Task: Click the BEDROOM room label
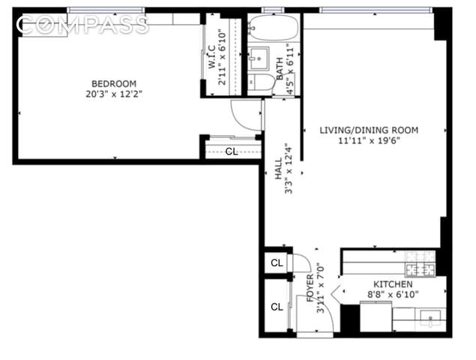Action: (x=114, y=83)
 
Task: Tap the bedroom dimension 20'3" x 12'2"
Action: (x=114, y=94)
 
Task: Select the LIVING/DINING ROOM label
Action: (x=369, y=130)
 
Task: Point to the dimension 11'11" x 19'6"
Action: (x=369, y=141)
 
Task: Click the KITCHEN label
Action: (x=393, y=284)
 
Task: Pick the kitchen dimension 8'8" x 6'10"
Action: (x=393, y=295)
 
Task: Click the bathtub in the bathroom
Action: (x=274, y=28)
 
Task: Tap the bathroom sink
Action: (x=259, y=58)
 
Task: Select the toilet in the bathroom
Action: (x=262, y=82)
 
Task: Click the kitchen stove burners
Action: (x=421, y=264)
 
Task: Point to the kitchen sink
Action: (x=430, y=318)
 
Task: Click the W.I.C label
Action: (x=212, y=56)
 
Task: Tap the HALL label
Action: (x=278, y=169)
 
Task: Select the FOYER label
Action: (x=310, y=288)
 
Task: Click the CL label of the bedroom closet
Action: (x=232, y=151)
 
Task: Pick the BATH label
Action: (x=280, y=69)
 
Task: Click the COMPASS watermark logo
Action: (x=82, y=24)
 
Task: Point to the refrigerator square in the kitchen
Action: (x=376, y=316)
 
